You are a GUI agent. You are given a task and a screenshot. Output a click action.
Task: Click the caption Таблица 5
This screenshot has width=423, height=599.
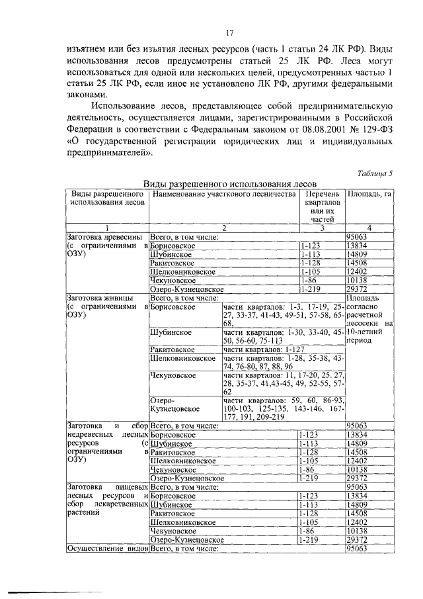pos(374,174)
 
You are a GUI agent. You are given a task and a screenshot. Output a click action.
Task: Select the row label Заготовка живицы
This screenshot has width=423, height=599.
pos(96,298)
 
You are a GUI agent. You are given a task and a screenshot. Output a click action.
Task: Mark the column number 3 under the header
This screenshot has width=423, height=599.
pos(322,228)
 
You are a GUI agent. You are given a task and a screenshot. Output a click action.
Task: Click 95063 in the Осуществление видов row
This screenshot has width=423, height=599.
pos(357,548)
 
